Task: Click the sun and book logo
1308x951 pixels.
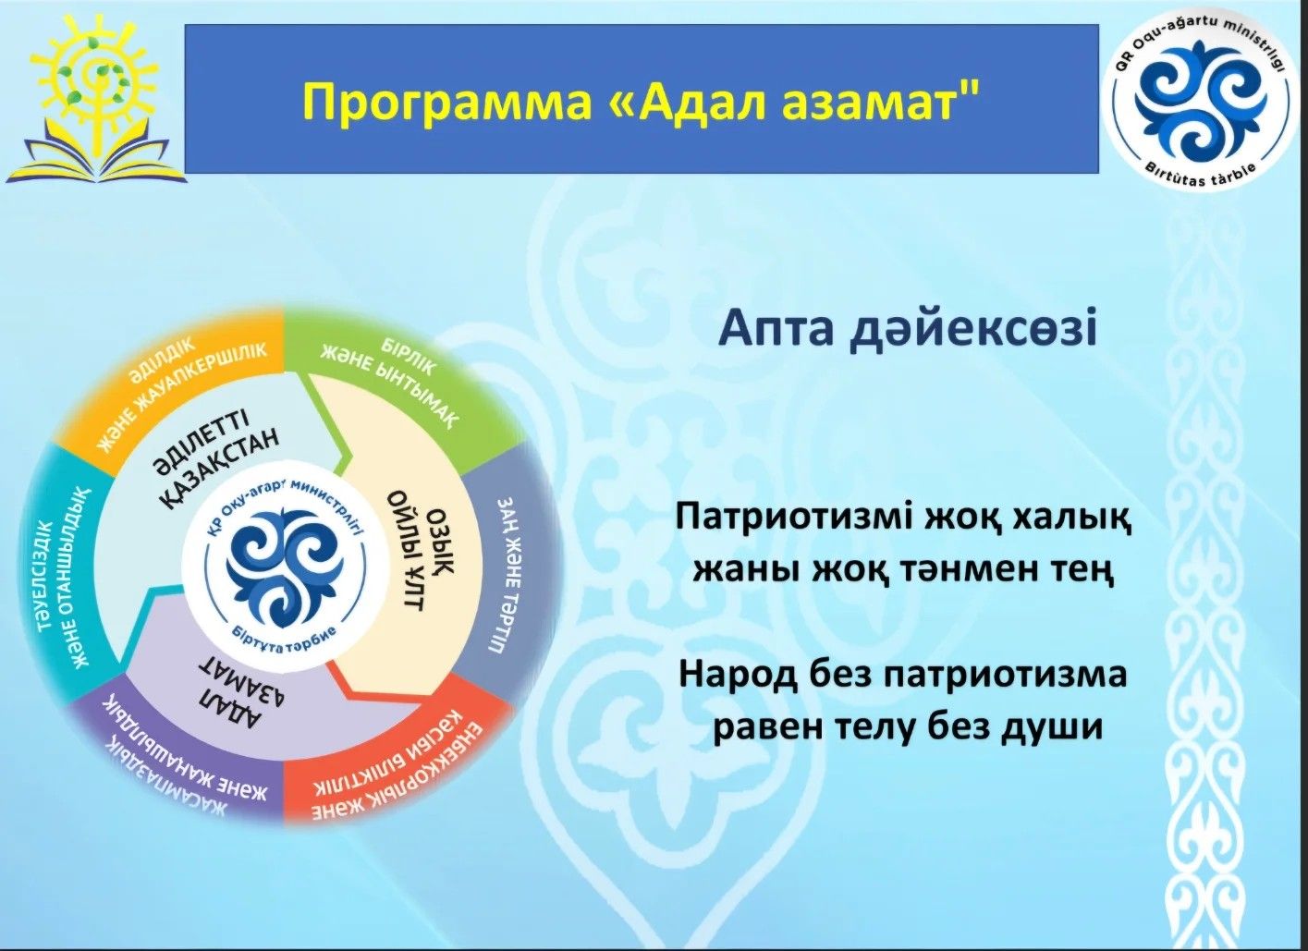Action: [95, 97]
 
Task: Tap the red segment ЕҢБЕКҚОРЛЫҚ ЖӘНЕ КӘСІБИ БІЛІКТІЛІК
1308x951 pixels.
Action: [397, 753]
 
